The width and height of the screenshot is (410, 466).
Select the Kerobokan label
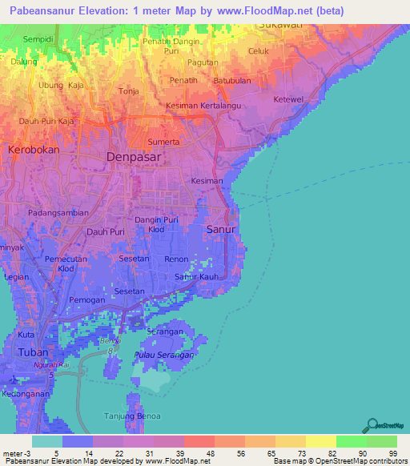34,150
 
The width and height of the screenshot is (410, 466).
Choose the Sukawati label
280,25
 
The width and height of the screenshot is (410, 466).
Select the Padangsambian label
56,214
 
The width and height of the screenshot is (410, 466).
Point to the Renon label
175,259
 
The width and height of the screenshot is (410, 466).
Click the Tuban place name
33,352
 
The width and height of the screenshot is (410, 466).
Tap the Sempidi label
38,38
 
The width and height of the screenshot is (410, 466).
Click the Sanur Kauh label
197,277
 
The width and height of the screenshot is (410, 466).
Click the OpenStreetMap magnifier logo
372,424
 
